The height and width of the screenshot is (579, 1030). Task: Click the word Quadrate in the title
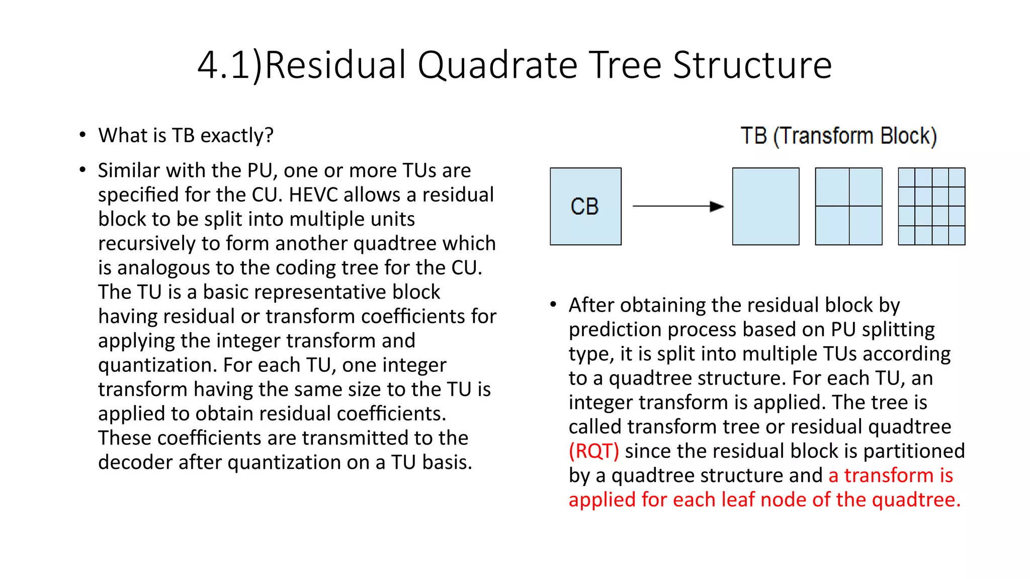497,65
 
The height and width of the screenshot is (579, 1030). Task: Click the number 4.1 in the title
224,65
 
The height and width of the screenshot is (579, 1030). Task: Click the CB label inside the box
585,207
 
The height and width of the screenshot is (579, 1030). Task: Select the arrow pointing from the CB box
677,206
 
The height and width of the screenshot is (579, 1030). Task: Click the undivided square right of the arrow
765,207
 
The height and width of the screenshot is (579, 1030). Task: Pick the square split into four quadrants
848,207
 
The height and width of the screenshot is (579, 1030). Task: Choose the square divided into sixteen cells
931,207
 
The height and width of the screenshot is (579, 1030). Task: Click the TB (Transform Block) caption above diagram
838,136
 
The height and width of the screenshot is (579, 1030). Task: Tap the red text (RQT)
593,451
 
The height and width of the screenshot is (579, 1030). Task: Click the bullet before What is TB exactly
82,135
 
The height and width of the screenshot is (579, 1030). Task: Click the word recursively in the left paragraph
146,244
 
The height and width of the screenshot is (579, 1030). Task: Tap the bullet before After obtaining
553,305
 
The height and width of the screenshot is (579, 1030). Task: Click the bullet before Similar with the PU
82,170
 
